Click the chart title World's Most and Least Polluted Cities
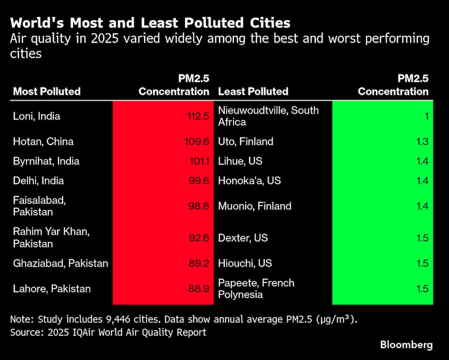click(150, 23)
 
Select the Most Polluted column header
click(47, 91)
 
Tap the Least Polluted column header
click(253, 91)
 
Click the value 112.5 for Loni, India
click(198, 116)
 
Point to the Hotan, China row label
click(43, 142)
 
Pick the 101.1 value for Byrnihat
click(199, 161)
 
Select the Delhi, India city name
click(39, 181)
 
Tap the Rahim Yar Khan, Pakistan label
click(46, 237)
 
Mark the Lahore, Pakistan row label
click(52, 289)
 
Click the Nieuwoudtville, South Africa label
click(268, 116)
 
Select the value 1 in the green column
click(427, 116)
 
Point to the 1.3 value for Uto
click(423, 142)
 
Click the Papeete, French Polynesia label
click(256, 289)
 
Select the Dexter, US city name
click(243, 237)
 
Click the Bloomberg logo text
click(406, 345)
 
